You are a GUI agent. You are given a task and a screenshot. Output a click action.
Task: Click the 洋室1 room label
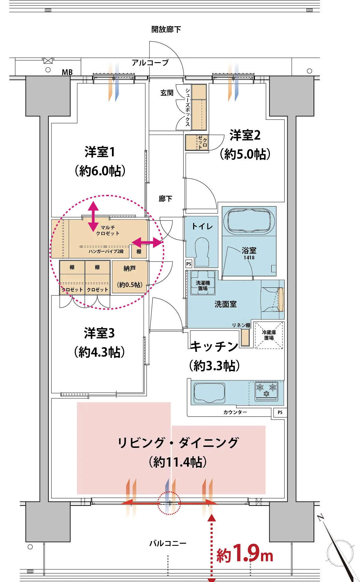100,152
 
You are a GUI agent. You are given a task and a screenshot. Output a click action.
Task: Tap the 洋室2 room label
245,136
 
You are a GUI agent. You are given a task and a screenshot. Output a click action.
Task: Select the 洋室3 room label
99,333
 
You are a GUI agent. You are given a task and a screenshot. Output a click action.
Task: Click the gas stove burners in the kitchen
266,390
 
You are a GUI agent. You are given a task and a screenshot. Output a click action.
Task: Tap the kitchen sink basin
210,393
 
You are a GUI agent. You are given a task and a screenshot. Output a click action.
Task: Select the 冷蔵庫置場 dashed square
269,335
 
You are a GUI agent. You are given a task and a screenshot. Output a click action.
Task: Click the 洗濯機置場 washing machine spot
203,282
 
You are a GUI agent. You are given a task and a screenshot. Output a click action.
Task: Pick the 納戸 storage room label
130,268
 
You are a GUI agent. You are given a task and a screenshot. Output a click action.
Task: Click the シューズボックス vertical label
188,107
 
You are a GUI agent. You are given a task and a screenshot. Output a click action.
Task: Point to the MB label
67,72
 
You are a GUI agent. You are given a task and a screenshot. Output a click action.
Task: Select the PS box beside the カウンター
280,412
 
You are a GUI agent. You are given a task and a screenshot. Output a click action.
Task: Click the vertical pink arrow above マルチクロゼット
93,216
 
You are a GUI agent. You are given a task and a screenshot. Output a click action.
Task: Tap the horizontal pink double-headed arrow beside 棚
147,242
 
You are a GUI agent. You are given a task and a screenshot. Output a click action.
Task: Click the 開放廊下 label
166,29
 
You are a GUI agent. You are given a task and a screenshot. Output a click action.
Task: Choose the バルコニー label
168,543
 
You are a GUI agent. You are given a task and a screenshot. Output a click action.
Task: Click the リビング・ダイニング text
178,442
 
